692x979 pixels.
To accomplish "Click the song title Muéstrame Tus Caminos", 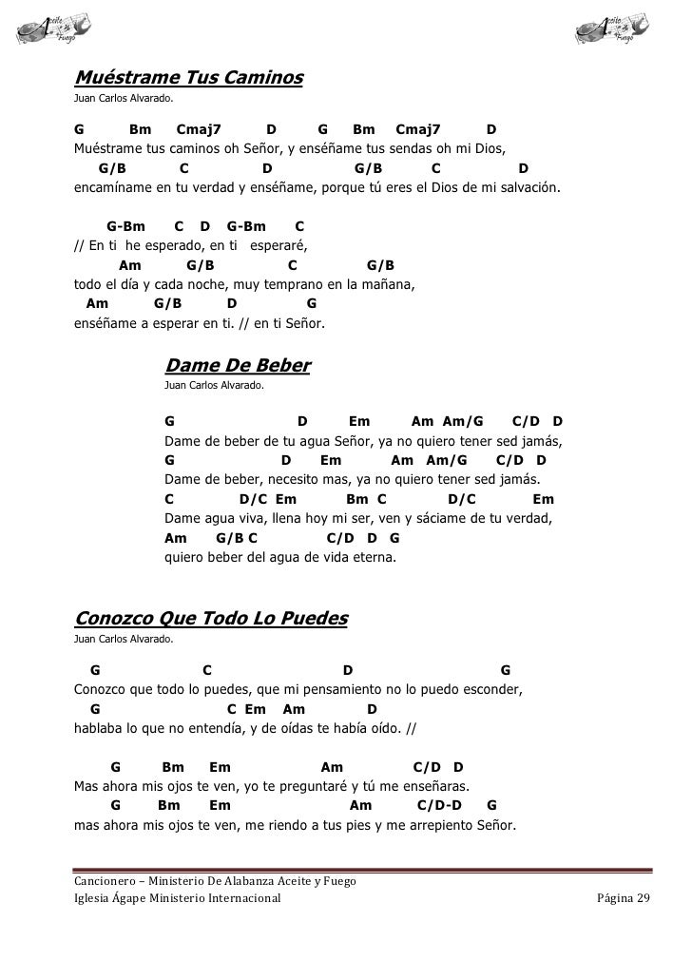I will click(188, 76).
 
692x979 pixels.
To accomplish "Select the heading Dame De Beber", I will click(238, 366).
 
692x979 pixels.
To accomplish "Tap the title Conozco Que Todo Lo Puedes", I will click(211, 620).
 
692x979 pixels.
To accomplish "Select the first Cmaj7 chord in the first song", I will click(199, 128).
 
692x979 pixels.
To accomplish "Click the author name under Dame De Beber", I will click(214, 387).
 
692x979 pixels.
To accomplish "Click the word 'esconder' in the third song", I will click(489, 689).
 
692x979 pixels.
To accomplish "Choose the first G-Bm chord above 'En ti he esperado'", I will click(126, 227).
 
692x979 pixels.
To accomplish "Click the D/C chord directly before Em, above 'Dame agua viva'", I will click(252, 499).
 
